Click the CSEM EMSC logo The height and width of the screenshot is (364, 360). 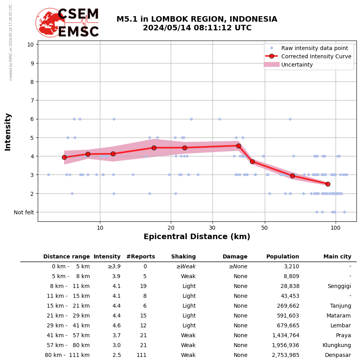[67, 22]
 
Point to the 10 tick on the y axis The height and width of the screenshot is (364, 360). [30, 45]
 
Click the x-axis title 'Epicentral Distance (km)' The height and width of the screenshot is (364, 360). [197, 237]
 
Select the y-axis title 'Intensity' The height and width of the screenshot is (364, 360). [8, 132]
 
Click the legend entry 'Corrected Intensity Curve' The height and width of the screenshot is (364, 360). [316, 56]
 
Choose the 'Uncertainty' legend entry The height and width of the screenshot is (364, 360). [297, 65]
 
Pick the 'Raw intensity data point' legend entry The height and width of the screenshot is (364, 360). [314, 48]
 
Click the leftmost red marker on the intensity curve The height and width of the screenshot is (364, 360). [64, 157]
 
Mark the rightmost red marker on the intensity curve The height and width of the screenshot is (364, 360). [328, 184]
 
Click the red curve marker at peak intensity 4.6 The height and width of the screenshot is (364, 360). [238, 146]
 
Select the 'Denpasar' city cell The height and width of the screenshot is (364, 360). [338, 355]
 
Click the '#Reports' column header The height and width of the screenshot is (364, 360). [140, 257]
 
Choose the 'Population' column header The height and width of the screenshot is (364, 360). [282, 257]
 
